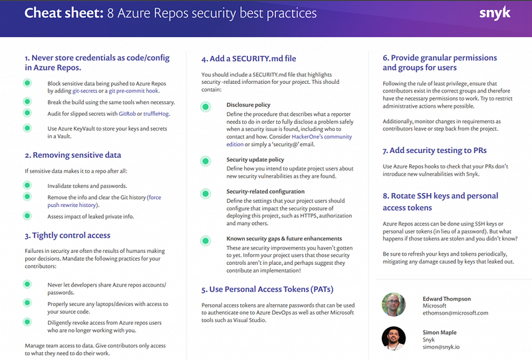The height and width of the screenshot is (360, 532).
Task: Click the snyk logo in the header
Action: coord(495,13)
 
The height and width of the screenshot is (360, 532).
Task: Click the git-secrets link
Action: coord(85,90)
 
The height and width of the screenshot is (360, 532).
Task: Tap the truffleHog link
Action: coord(156,113)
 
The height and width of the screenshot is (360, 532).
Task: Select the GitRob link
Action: coord(127,113)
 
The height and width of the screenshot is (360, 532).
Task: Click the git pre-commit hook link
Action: coord(134,90)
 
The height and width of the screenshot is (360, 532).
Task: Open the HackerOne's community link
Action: coord(322,136)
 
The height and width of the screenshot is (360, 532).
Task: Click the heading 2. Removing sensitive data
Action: coord(73,155)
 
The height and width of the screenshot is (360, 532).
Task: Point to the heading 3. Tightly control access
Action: coord(68,236)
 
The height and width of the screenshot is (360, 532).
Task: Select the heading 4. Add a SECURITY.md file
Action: coord(249,59)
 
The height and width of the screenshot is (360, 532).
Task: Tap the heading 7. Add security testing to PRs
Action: coord(435,150)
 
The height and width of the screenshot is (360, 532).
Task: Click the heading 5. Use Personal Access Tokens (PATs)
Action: coord(267,289)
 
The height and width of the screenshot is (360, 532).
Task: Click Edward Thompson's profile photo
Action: coord(394,305)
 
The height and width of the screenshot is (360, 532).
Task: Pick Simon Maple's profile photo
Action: coord(394,338)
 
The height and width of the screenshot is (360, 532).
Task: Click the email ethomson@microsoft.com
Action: coord(456,313)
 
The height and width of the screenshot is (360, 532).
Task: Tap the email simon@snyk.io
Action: coord(441,347)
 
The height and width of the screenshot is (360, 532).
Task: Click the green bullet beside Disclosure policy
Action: coord(205,107)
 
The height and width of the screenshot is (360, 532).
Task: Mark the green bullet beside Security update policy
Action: coord(205,161)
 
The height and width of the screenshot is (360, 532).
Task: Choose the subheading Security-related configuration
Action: coord(265,191)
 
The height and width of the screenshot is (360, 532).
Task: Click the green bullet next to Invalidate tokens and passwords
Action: coord(27,185)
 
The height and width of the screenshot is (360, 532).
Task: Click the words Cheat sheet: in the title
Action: coord(64,13)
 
